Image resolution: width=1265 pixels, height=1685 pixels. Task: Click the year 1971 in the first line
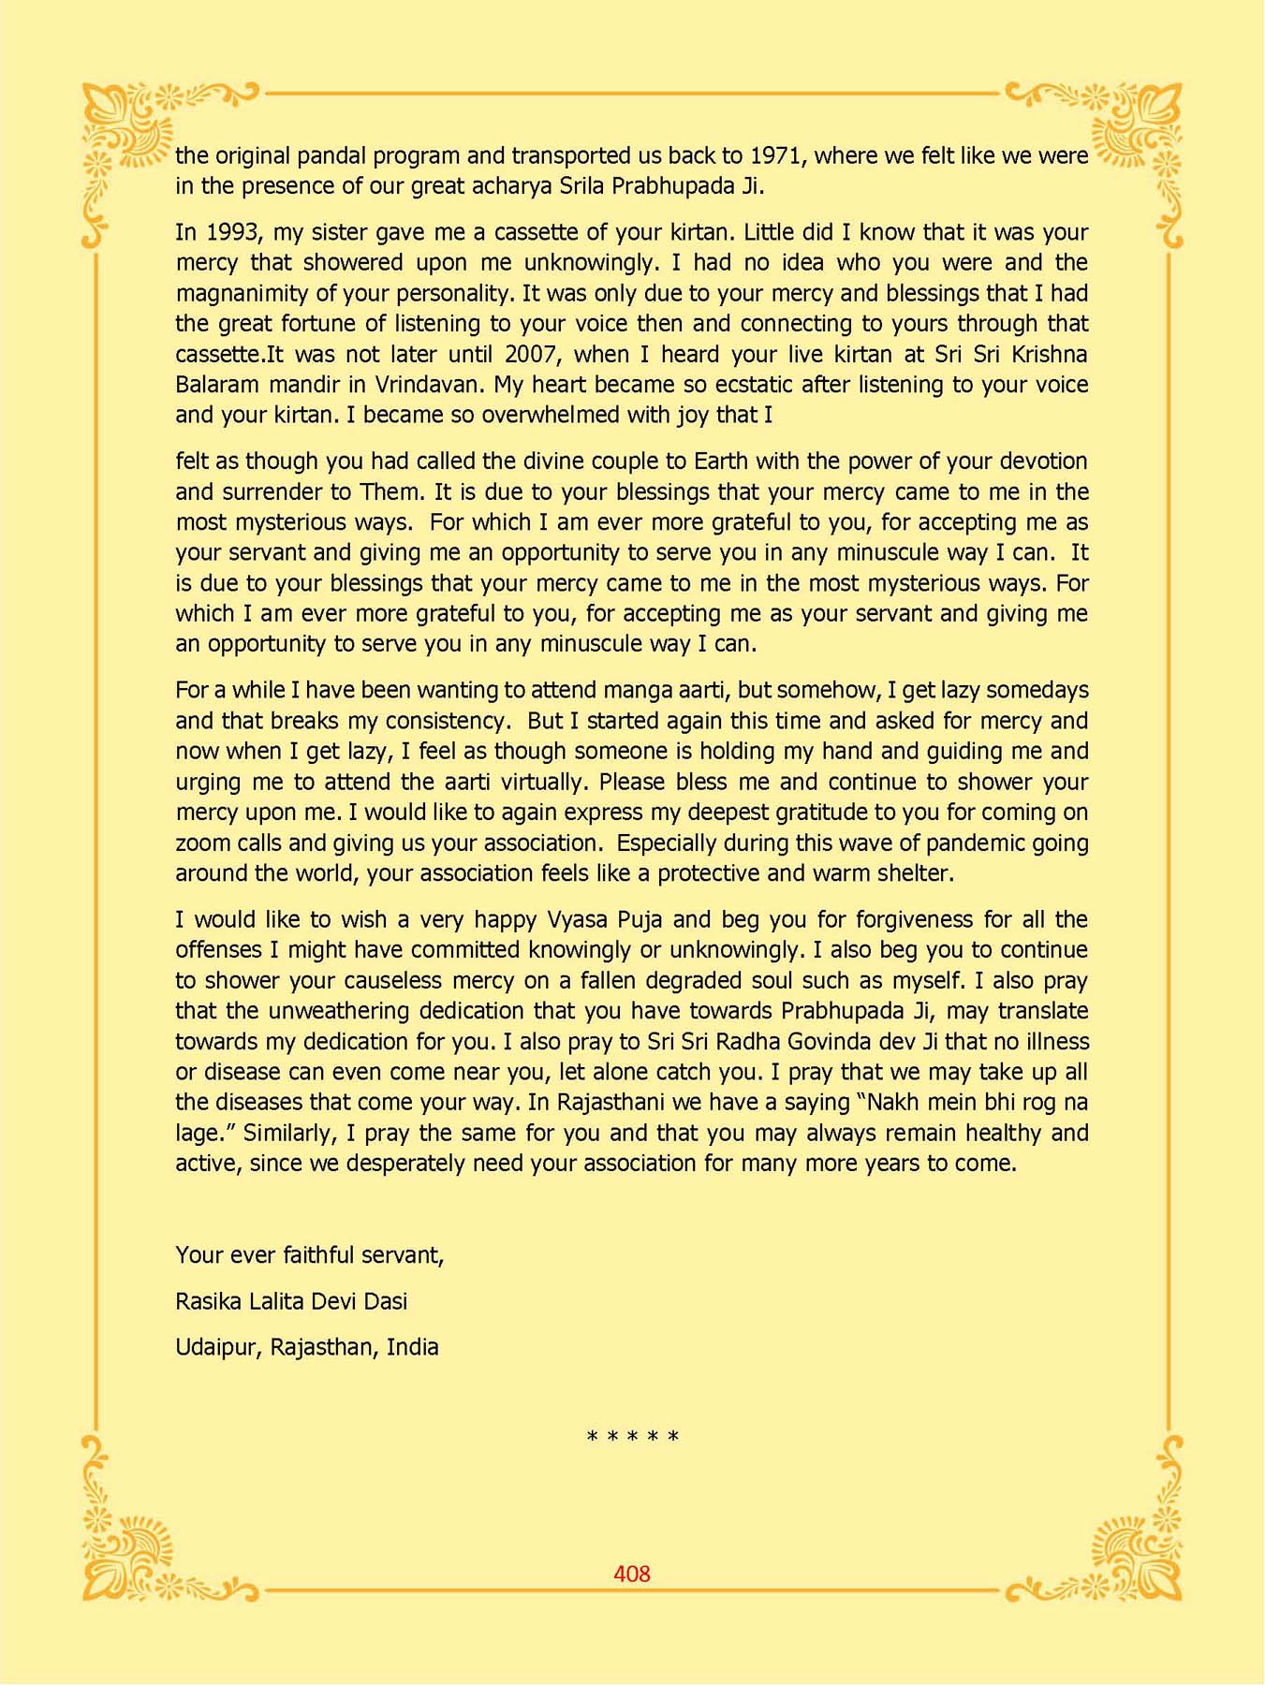(776, 155)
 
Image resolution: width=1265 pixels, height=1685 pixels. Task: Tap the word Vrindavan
(429, 385)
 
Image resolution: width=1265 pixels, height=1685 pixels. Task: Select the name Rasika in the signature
(204, 1301)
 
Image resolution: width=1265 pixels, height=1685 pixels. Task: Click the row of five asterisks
(632, 1437)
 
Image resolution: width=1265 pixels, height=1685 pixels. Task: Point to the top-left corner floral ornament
(131, 131)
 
